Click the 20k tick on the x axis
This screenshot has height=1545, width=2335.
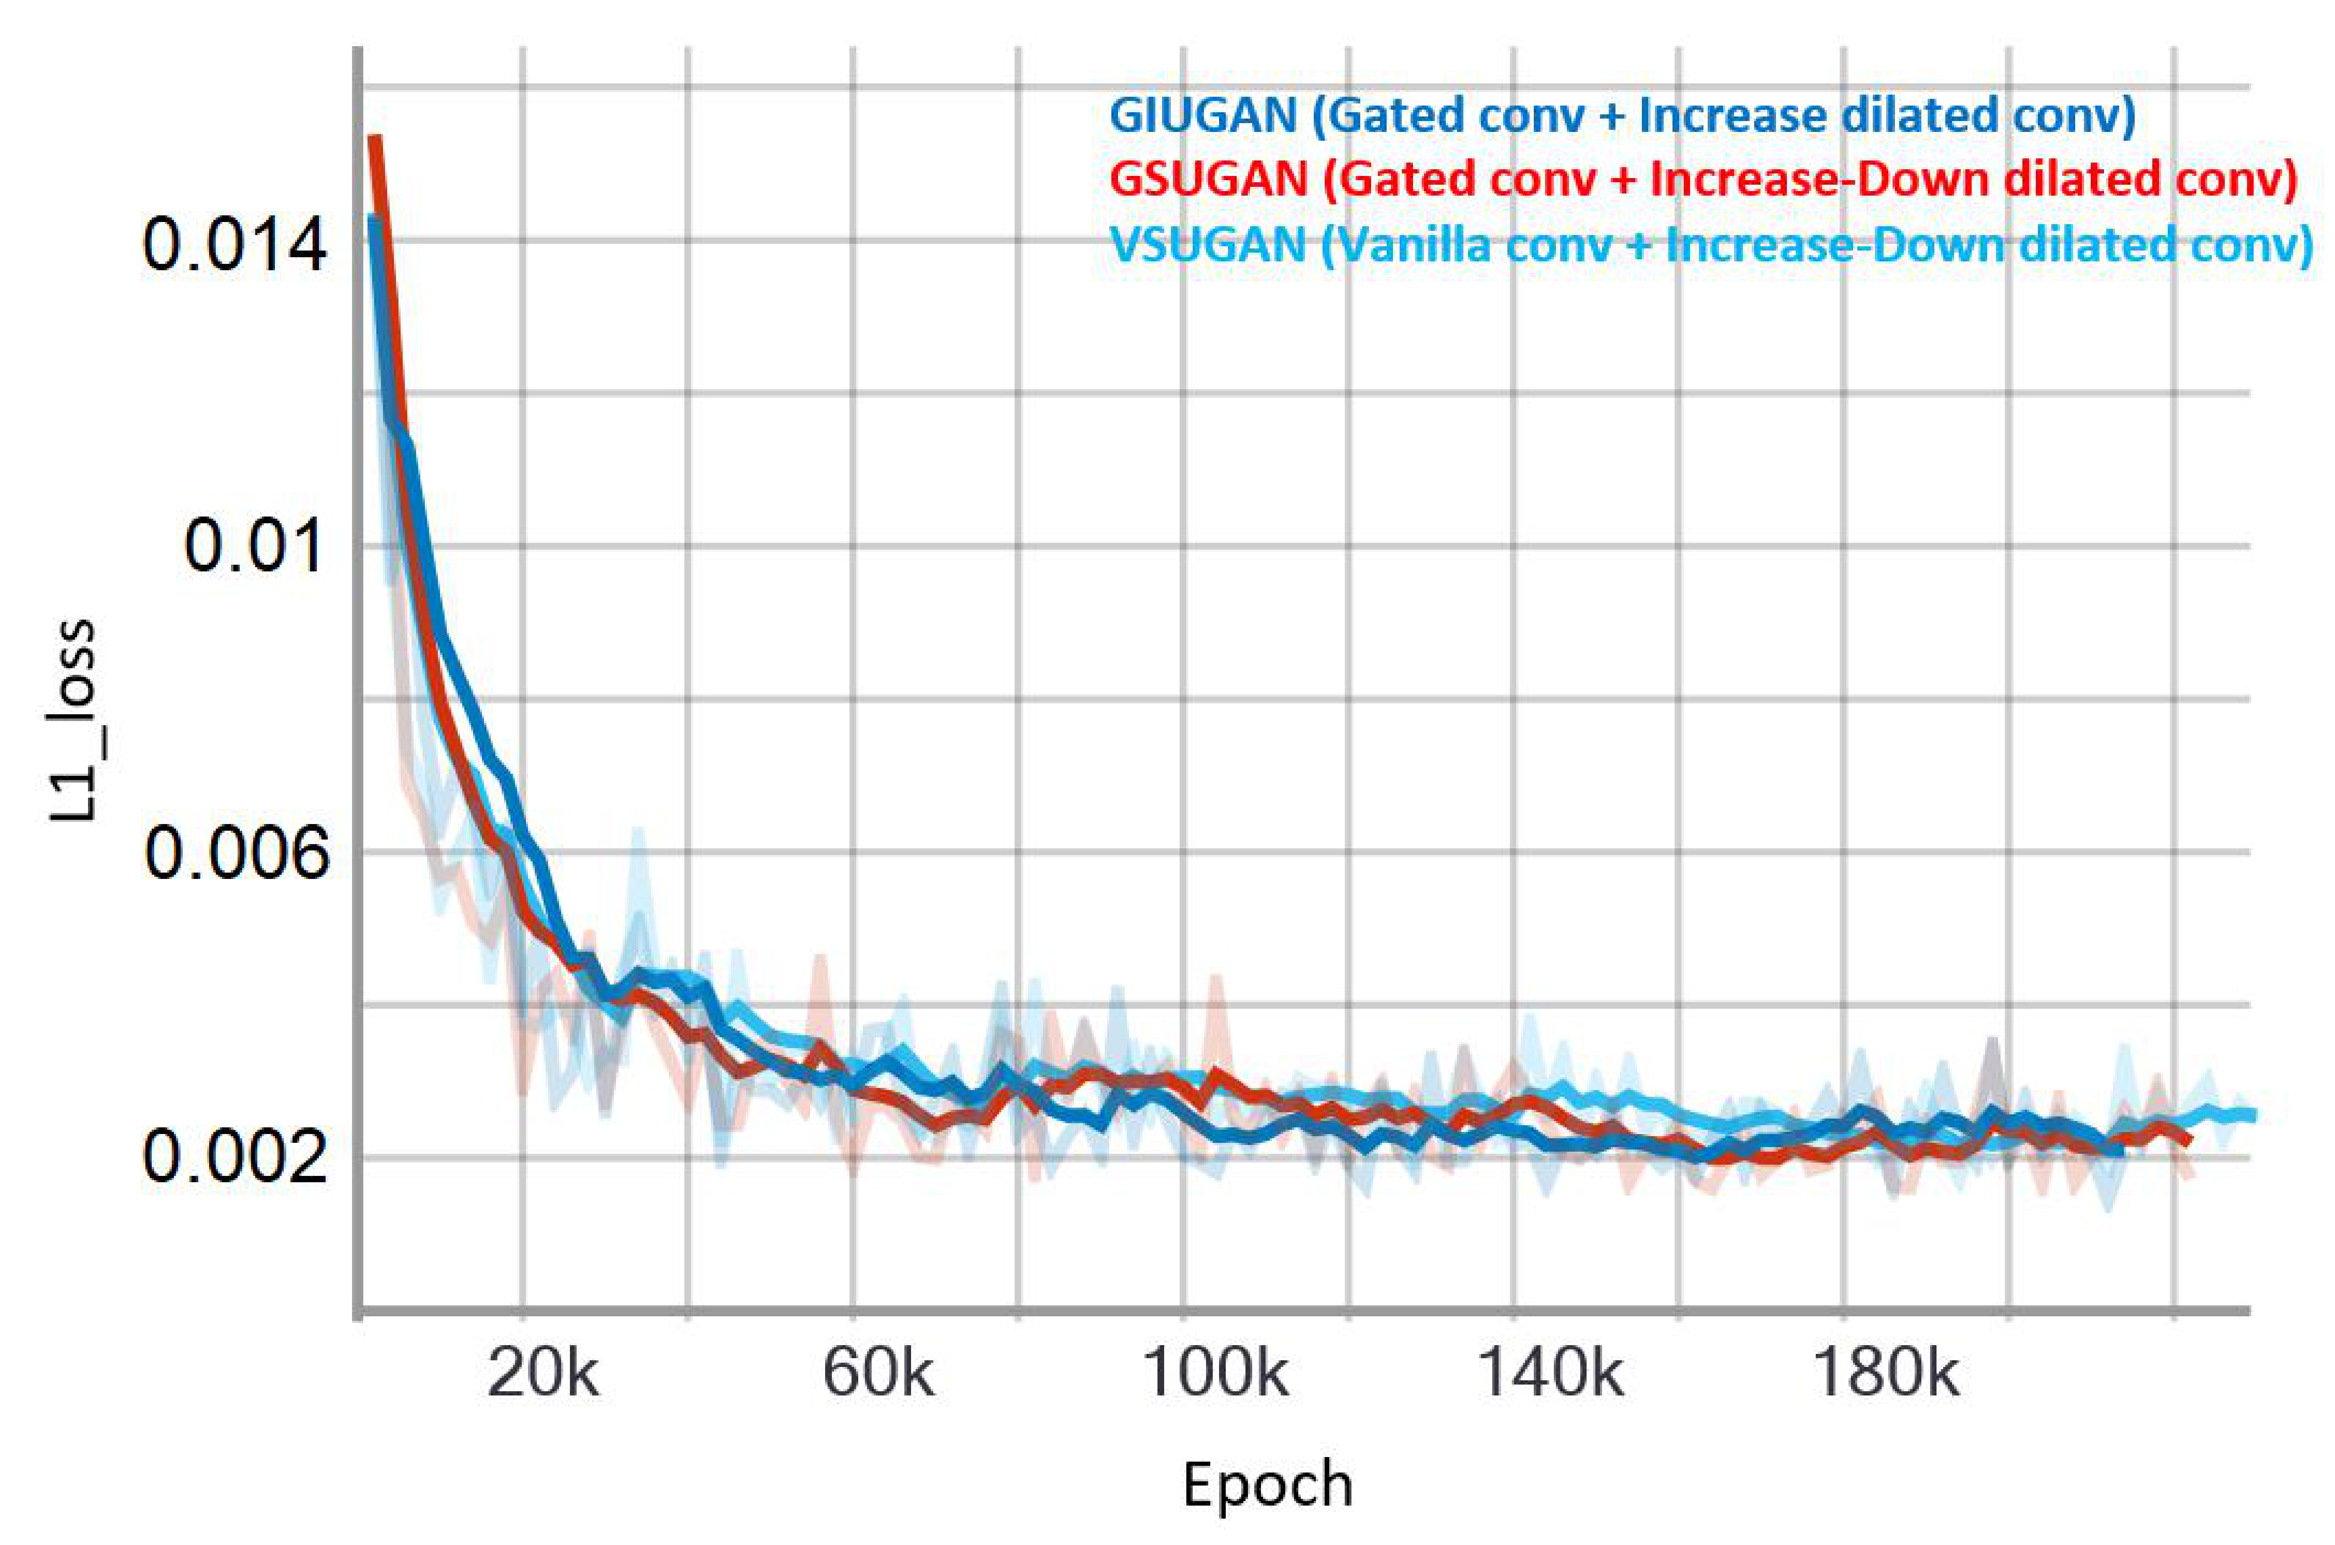[x=542, y=1373]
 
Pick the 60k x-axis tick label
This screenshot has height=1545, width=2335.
[x=877, y=1373]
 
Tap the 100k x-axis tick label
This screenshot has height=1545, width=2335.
[x=1214, y=1373]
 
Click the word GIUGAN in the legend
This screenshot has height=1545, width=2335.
[x=1203, y=115]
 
